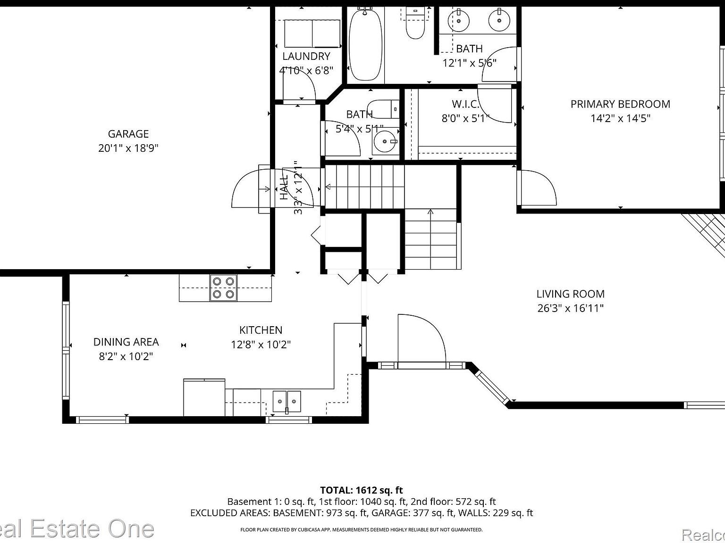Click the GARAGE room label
pyautogui.click(x=128, y=134)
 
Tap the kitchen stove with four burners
pyautogui.click(x=223, y=288)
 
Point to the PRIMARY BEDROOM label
pyautogui.click(x=620, y=104)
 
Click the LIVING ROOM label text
pyautogui.click(x=570, y=294)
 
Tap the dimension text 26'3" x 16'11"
pyautogui.click(x=570, y=308)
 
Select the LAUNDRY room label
pyautogui.click(x=306, y=56)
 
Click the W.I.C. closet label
pyautogui.click(x=465, y=104)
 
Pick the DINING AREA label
pyautogui.click(x=126, y=342)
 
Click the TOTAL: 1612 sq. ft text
pyautogui.click(x=362, y=490)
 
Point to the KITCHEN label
pyautogui.click(x=261, y=330)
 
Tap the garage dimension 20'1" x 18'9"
pyautogui.click(x=128, y=148)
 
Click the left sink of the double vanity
pyautogui.click(x=458, y=20)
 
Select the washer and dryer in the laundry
pyautogui.click(x=312, y=33)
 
